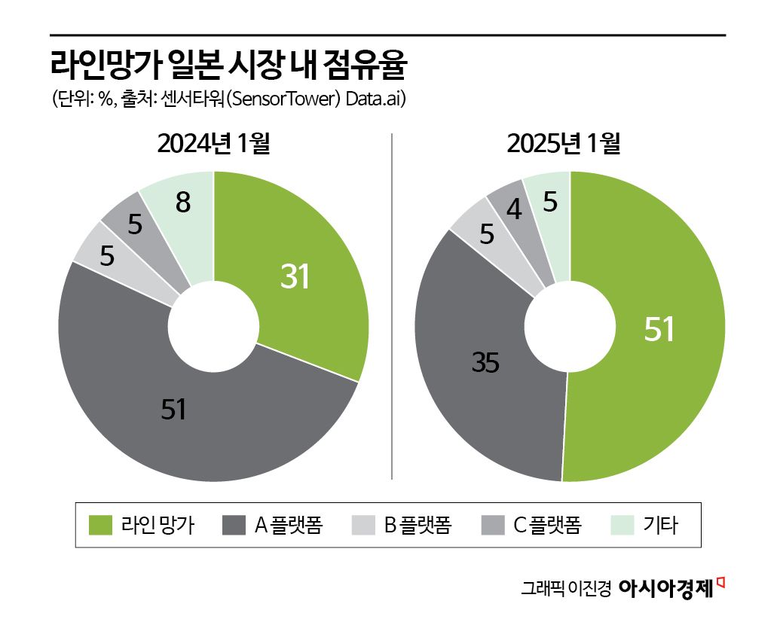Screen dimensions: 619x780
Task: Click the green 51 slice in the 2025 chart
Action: coord(656,331)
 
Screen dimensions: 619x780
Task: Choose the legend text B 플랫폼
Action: coord(418,525)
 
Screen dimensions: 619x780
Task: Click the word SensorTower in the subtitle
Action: coord(283,99)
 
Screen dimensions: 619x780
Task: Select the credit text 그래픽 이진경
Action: coord(565,589)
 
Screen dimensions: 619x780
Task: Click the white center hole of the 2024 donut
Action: coord(213,327)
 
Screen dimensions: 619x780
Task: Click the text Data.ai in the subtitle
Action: coord(376,99)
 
